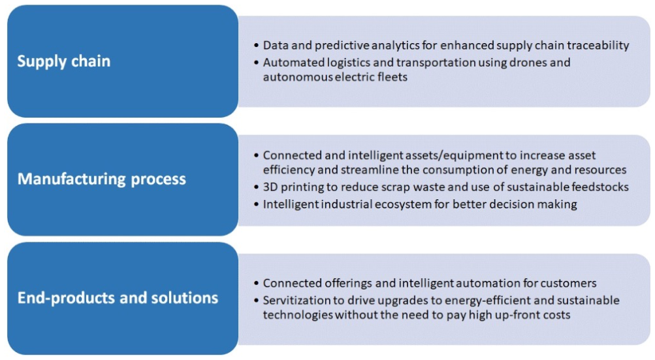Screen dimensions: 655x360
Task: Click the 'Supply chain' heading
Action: [x=64, y=61]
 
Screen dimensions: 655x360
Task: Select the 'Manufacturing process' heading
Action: [x=101, y=179]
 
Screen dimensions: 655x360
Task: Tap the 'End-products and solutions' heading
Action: [x=118, y=298]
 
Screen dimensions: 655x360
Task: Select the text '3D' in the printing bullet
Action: [x=270, y=187]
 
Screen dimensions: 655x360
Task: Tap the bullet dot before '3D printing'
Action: [x=256, y=188]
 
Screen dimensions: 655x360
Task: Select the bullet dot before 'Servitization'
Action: [x=256, y=301]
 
